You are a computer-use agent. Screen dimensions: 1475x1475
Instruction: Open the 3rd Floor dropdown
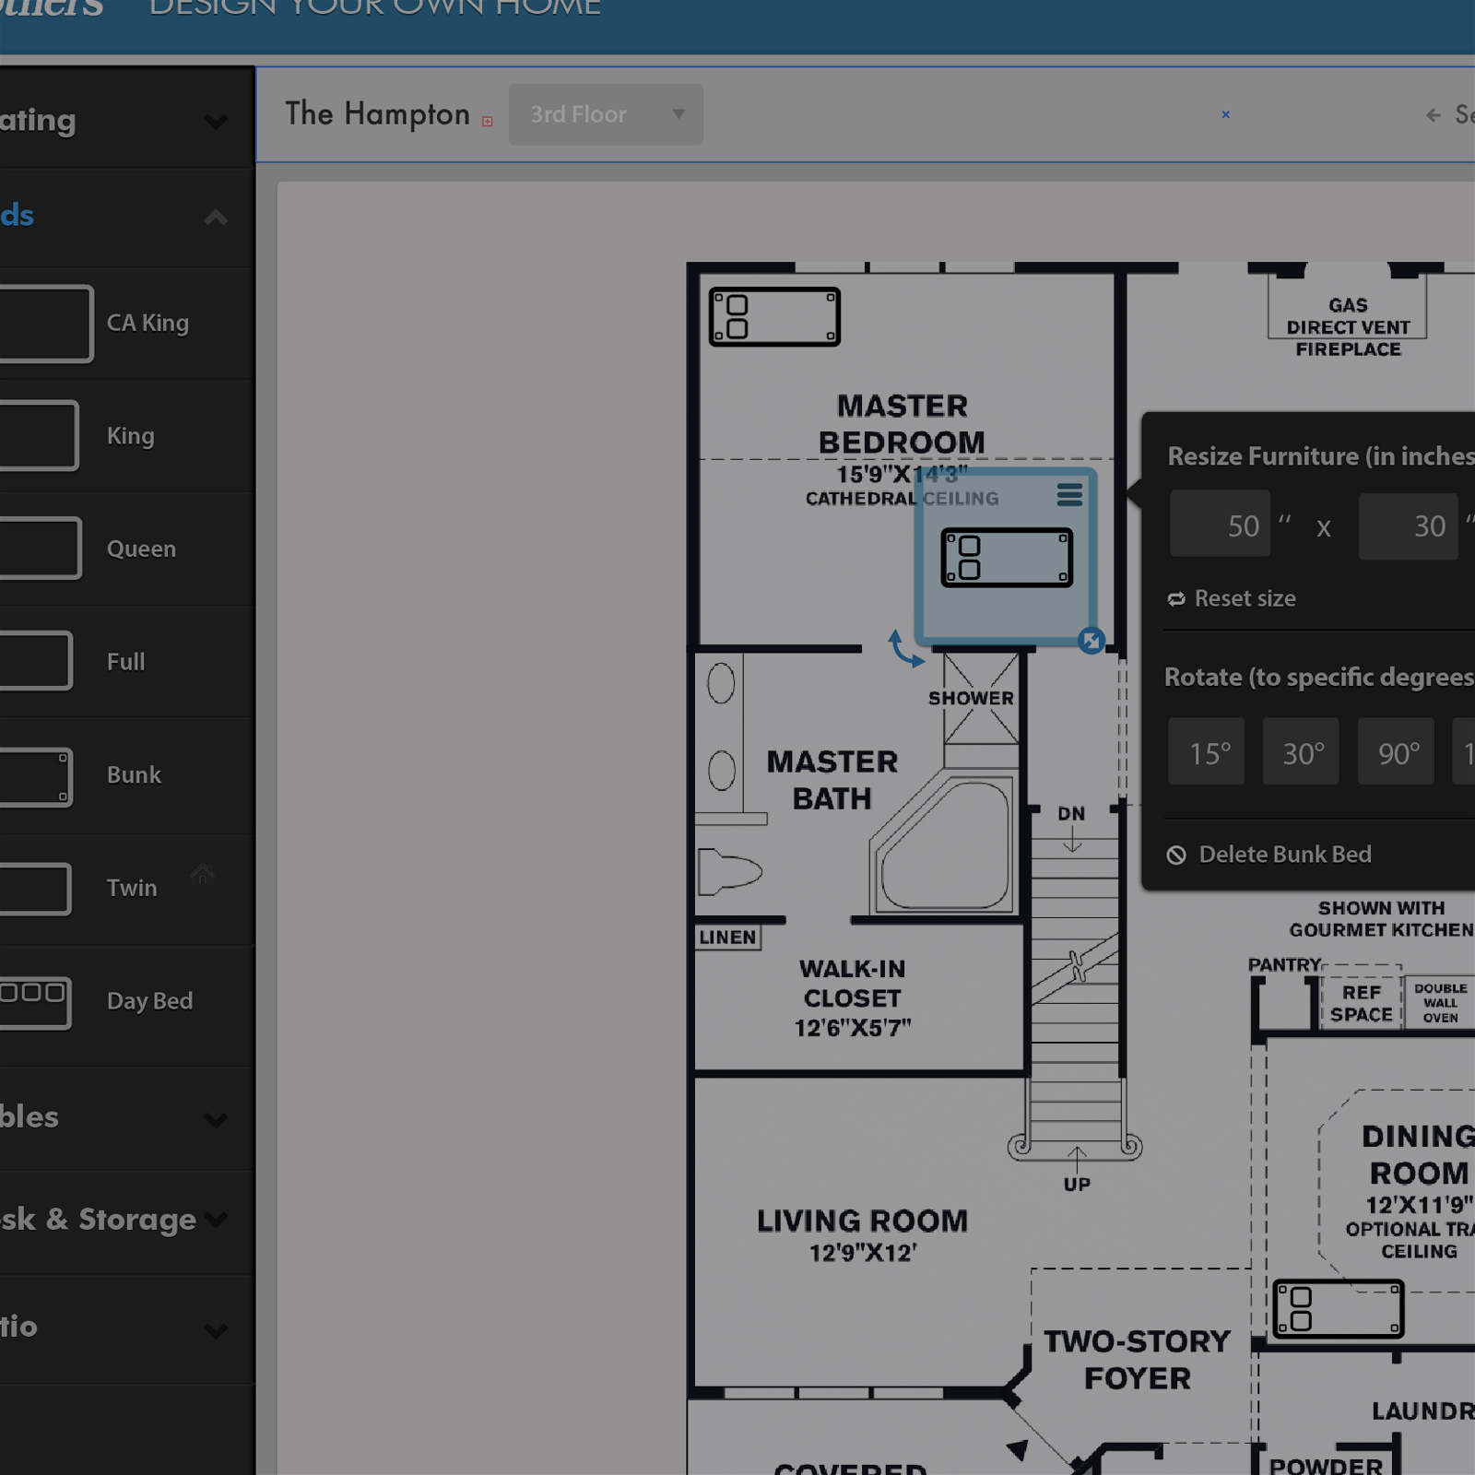[x=606, y=114]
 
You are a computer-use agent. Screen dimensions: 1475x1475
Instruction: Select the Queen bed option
[x=141, y=549]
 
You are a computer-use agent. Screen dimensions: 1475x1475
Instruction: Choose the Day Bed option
[x=149, y=1001]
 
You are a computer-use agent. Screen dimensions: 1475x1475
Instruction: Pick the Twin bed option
[x=132, y=888]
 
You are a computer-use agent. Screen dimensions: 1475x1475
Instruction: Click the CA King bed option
[x=147, y=323]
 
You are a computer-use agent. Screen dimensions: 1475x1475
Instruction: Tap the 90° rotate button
[x=1397, y=752]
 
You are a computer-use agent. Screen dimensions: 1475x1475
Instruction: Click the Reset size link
[x=1244, y=598]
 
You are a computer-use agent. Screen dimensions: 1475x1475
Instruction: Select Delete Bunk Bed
[x=1284, y=855]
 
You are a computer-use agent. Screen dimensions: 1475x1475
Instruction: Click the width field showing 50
[x=1221, y=525]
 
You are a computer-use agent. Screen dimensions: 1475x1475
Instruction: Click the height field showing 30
[x=1408, y=525]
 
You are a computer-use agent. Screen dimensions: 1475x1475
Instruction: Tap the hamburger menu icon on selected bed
[x=1069, y=495]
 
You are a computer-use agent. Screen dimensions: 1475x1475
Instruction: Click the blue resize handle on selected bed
[x=1091, y=641]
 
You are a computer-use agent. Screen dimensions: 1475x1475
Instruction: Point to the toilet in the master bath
[x=728, y=872]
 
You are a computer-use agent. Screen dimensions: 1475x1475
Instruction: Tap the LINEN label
[x=727, y=938]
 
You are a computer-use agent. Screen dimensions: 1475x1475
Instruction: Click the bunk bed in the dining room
[x=1339, y=1309]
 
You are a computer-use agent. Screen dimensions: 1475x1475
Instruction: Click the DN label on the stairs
[x=1071, y=814]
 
